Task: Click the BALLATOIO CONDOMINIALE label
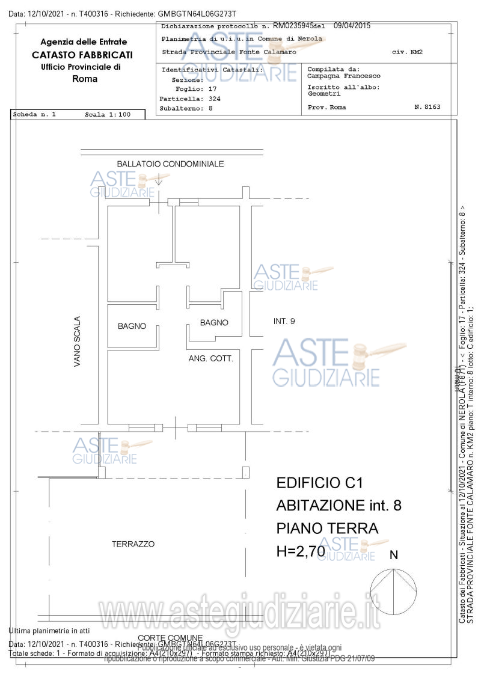(170, 164)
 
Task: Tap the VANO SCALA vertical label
(77, 342)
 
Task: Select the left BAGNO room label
(132, 326)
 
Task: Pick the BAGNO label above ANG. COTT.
(214, 322)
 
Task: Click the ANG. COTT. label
(210, 358)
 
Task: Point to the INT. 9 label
(284, 321)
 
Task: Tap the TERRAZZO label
(133, 544)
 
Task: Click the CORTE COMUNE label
(170, 638)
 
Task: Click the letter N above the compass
(394, 555)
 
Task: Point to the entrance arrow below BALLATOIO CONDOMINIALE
(159, 179)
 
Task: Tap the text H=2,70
(301, 551)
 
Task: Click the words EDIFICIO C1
(320, 482)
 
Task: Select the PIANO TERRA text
(327, 528)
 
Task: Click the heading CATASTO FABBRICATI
(83, 55)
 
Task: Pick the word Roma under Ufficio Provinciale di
(84, 79)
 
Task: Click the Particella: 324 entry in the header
(189, 98)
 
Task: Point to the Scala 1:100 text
(108, 114)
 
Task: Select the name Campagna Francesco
(344, 76)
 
